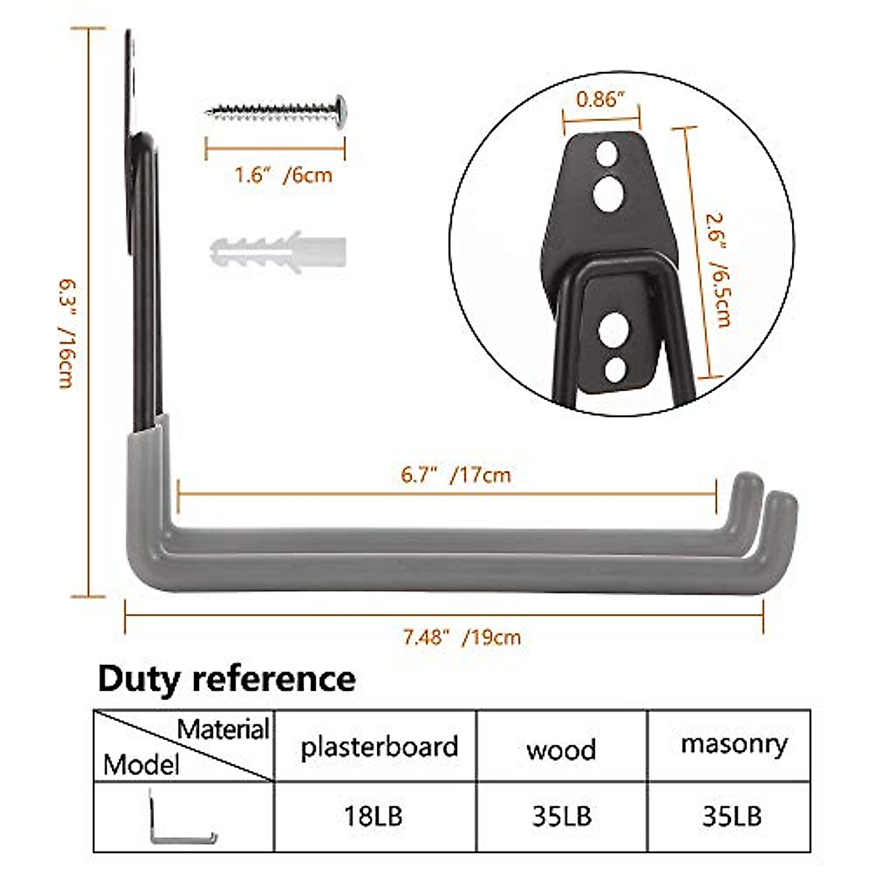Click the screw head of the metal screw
coord(340,110)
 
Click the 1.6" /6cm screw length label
coord(283,175)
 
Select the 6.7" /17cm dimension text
coord(456,475)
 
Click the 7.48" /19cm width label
coord(462,638)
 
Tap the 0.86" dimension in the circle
coord(600,100)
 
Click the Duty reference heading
coord(227,679)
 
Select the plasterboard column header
coord(379,746)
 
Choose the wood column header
coord(561,749)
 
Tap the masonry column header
coord(734,744)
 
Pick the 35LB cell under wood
coord(561,816)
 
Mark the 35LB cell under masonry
coord(732,816)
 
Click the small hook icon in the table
coord(182,817)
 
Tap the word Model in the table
coord(141,764)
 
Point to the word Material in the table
coord(224,729)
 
